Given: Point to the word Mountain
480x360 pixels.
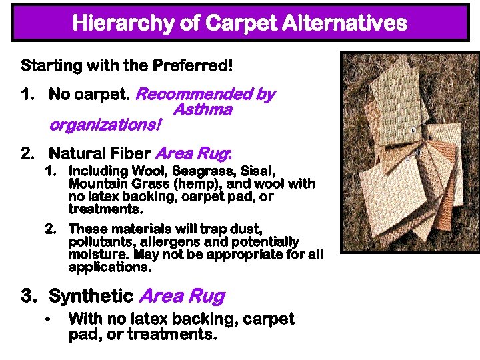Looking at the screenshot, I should click(96, 184).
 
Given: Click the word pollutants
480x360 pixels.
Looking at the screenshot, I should click(97, 241).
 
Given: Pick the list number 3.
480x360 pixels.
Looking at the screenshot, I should click(27, 296).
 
